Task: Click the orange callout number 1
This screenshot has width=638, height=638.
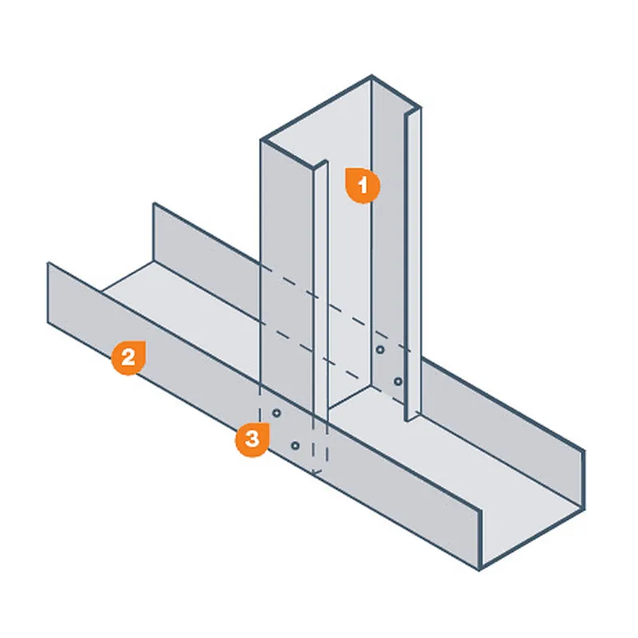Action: coord(363,185)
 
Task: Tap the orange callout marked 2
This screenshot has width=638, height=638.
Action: coord(128,357)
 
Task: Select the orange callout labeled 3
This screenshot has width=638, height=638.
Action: coord(252,440)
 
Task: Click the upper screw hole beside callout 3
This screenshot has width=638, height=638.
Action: coord(277,413)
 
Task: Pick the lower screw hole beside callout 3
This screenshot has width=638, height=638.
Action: coord(295,446)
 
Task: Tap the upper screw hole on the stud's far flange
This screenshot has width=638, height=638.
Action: coord(380,349)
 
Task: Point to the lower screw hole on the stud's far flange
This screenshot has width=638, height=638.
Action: coord(398,382)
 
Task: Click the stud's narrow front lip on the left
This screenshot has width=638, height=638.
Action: coord(321,293)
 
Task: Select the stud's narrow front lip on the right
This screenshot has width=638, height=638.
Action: coord(412,265)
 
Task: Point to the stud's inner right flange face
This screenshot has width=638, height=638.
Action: coord(388,244)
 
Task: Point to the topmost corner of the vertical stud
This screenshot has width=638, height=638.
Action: coord(371,76)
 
